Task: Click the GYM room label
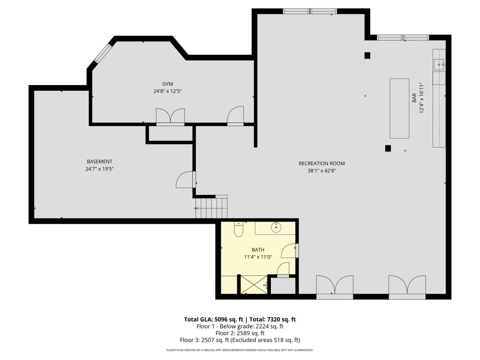click(167, 84)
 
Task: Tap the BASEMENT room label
click(99, 162)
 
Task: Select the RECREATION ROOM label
click(321, 163)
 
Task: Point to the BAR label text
click(414, 98)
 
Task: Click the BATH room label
click(258, 250)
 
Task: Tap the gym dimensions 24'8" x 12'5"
click(167, 91)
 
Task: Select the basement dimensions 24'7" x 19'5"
click(99, 169)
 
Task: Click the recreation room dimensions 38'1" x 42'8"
click(321, 171)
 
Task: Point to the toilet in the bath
click(238, 229)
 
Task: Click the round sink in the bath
click(276, 227)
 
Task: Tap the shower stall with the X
click(253, 285)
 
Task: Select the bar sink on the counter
click(439, 65)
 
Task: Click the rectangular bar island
click(399, 108)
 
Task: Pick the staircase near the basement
click(211, 208)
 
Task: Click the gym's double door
click(170, 116)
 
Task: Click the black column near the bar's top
click(367, 55)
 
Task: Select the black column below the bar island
click(388, 148)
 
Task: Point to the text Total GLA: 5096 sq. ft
click(213, 319)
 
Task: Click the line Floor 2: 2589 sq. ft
click(240, 333)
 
